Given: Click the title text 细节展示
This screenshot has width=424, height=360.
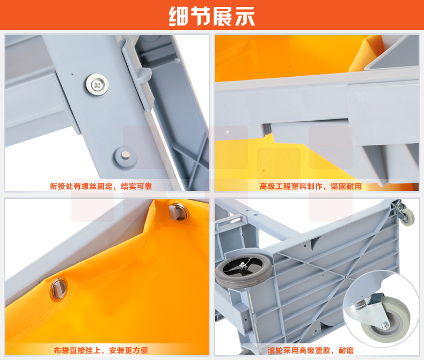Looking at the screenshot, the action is click(211, 16).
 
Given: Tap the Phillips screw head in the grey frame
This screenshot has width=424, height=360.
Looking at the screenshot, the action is click(97, 85).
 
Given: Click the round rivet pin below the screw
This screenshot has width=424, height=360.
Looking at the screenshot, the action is click(125, 156).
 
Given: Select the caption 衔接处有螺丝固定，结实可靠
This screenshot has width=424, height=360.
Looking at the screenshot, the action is click(101, 186).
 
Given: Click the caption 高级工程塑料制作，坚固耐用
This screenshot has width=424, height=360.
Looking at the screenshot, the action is click(310, 186).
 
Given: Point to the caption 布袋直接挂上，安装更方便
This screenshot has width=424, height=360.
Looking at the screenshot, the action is click(101, 350).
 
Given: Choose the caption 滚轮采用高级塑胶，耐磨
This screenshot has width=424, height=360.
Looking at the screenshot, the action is click(311, 350).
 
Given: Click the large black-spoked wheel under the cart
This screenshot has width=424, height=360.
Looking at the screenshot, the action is click(244, 270).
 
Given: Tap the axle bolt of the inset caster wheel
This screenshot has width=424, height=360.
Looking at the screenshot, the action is click(384, 325).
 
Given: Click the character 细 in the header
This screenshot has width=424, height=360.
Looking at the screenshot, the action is click(179, 16).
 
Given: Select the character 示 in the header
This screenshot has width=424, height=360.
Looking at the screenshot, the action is click(245, 16).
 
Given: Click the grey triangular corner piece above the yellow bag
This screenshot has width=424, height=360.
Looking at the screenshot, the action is click(392, 54).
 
